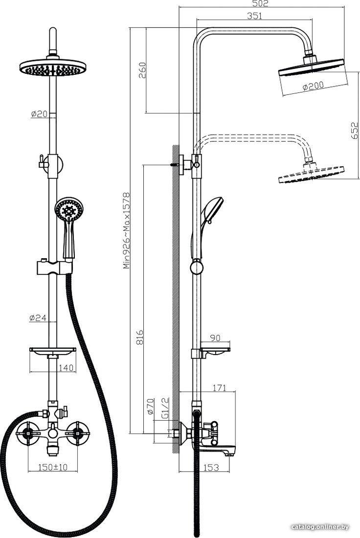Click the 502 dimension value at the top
pyautogui.click(x=261, y=3)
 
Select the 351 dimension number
pyautogui.click(x=254, y=16)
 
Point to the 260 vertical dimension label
pyautogui.click(x=142, y=70)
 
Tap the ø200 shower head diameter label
pyautogui.click(x=313, y=86)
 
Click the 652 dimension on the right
pyautogui.click(x=355, y=131)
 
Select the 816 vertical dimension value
pyautogui.click(x=139, y=337)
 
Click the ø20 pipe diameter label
pyautogui.click(x=39, y=114)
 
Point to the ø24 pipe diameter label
pyautogui.click(x=38, y=318)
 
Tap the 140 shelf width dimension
pyautogui.click(x=66, y=368)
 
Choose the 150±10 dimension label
pyautogui.click(x=52, y=467)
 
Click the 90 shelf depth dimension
pyautogui.click(x=215, y=338)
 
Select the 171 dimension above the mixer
pyautogui.click(x=219, y=388)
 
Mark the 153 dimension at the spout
pyautogui.click(x=211, y=467)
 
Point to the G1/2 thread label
pyautogui.click(x=165, y=408)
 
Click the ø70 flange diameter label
pyautogui.click(x=150, y=406)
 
